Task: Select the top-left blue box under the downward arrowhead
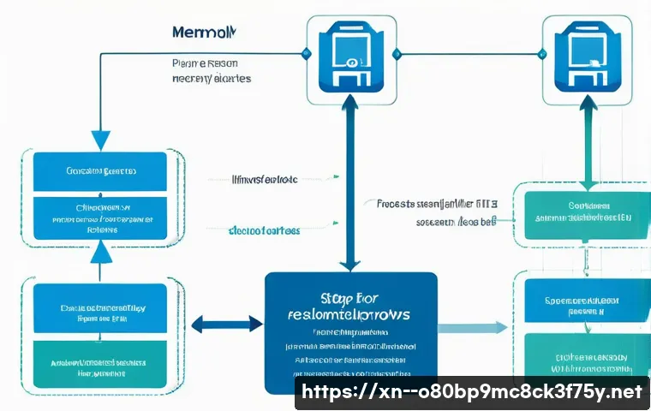tap(99, 171)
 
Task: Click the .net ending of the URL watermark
tap(623, 392)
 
